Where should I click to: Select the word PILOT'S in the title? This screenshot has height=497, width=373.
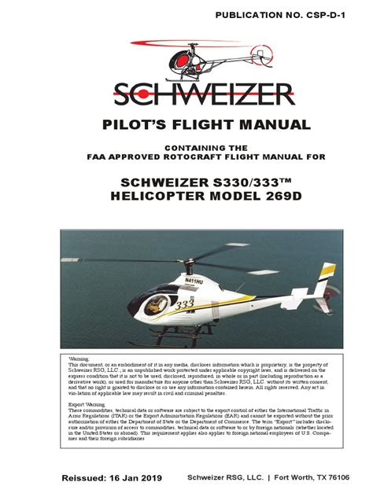pyautogui.click(x=134, y=125)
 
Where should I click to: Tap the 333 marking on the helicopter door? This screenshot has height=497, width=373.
pyautogui.click(x=184, y=303)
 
